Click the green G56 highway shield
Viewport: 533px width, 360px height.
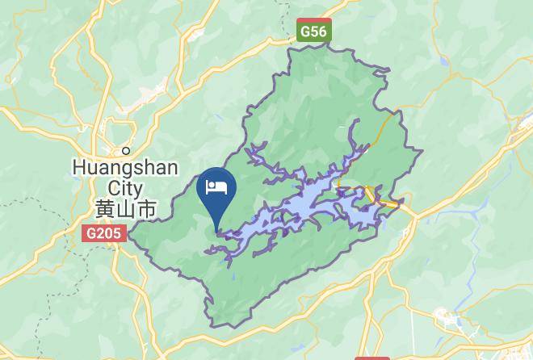point(313,31)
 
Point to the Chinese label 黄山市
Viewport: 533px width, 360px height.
point(125,209)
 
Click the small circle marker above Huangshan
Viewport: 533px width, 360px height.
point(126,150)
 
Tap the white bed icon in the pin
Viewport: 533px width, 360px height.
point(216,188)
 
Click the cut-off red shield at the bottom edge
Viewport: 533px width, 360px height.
point(371,356)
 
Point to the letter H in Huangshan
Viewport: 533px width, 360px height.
point(79,168)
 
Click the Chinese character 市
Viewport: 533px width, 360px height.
point(146,209)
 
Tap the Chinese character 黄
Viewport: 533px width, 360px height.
point(104,209)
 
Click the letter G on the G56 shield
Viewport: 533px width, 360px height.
point(305,31)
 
